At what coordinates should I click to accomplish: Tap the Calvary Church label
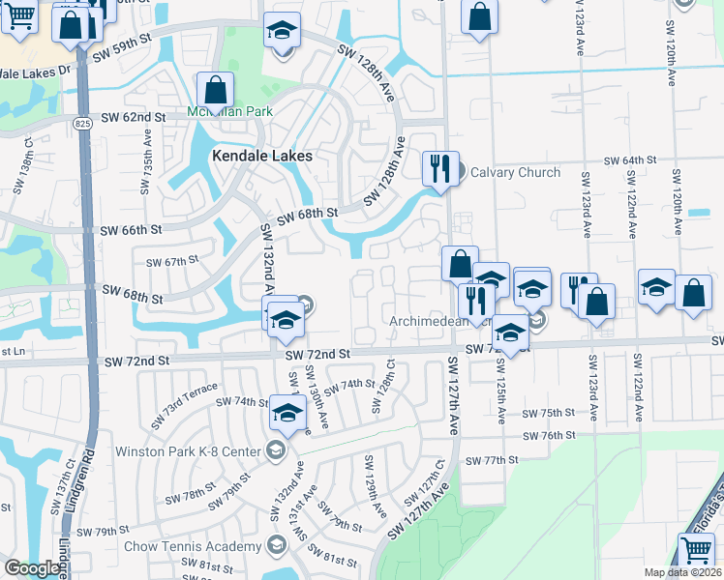[x=515, y=173]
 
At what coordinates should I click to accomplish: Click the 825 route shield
[x=83, y=123]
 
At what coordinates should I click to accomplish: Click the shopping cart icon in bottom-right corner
[x=697, y=551]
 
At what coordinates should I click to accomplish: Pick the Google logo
[x=32, y=568]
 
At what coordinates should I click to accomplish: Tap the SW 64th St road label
[x=630, y=159]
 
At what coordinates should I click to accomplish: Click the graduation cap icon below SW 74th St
[x=287, y=414]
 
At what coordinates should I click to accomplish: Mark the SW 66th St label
[x=132, y=230]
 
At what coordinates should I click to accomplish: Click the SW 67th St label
[x=171, y=262]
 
